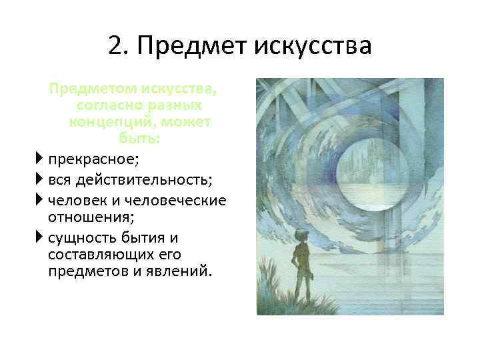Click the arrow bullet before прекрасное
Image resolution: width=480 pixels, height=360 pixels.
pyautogui.click(x=41, y=159)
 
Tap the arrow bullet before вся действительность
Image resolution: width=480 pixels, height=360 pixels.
pyautogui.click(x=41, y=180)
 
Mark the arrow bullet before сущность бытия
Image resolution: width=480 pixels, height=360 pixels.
pyautogui.click(x=41, y=238)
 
